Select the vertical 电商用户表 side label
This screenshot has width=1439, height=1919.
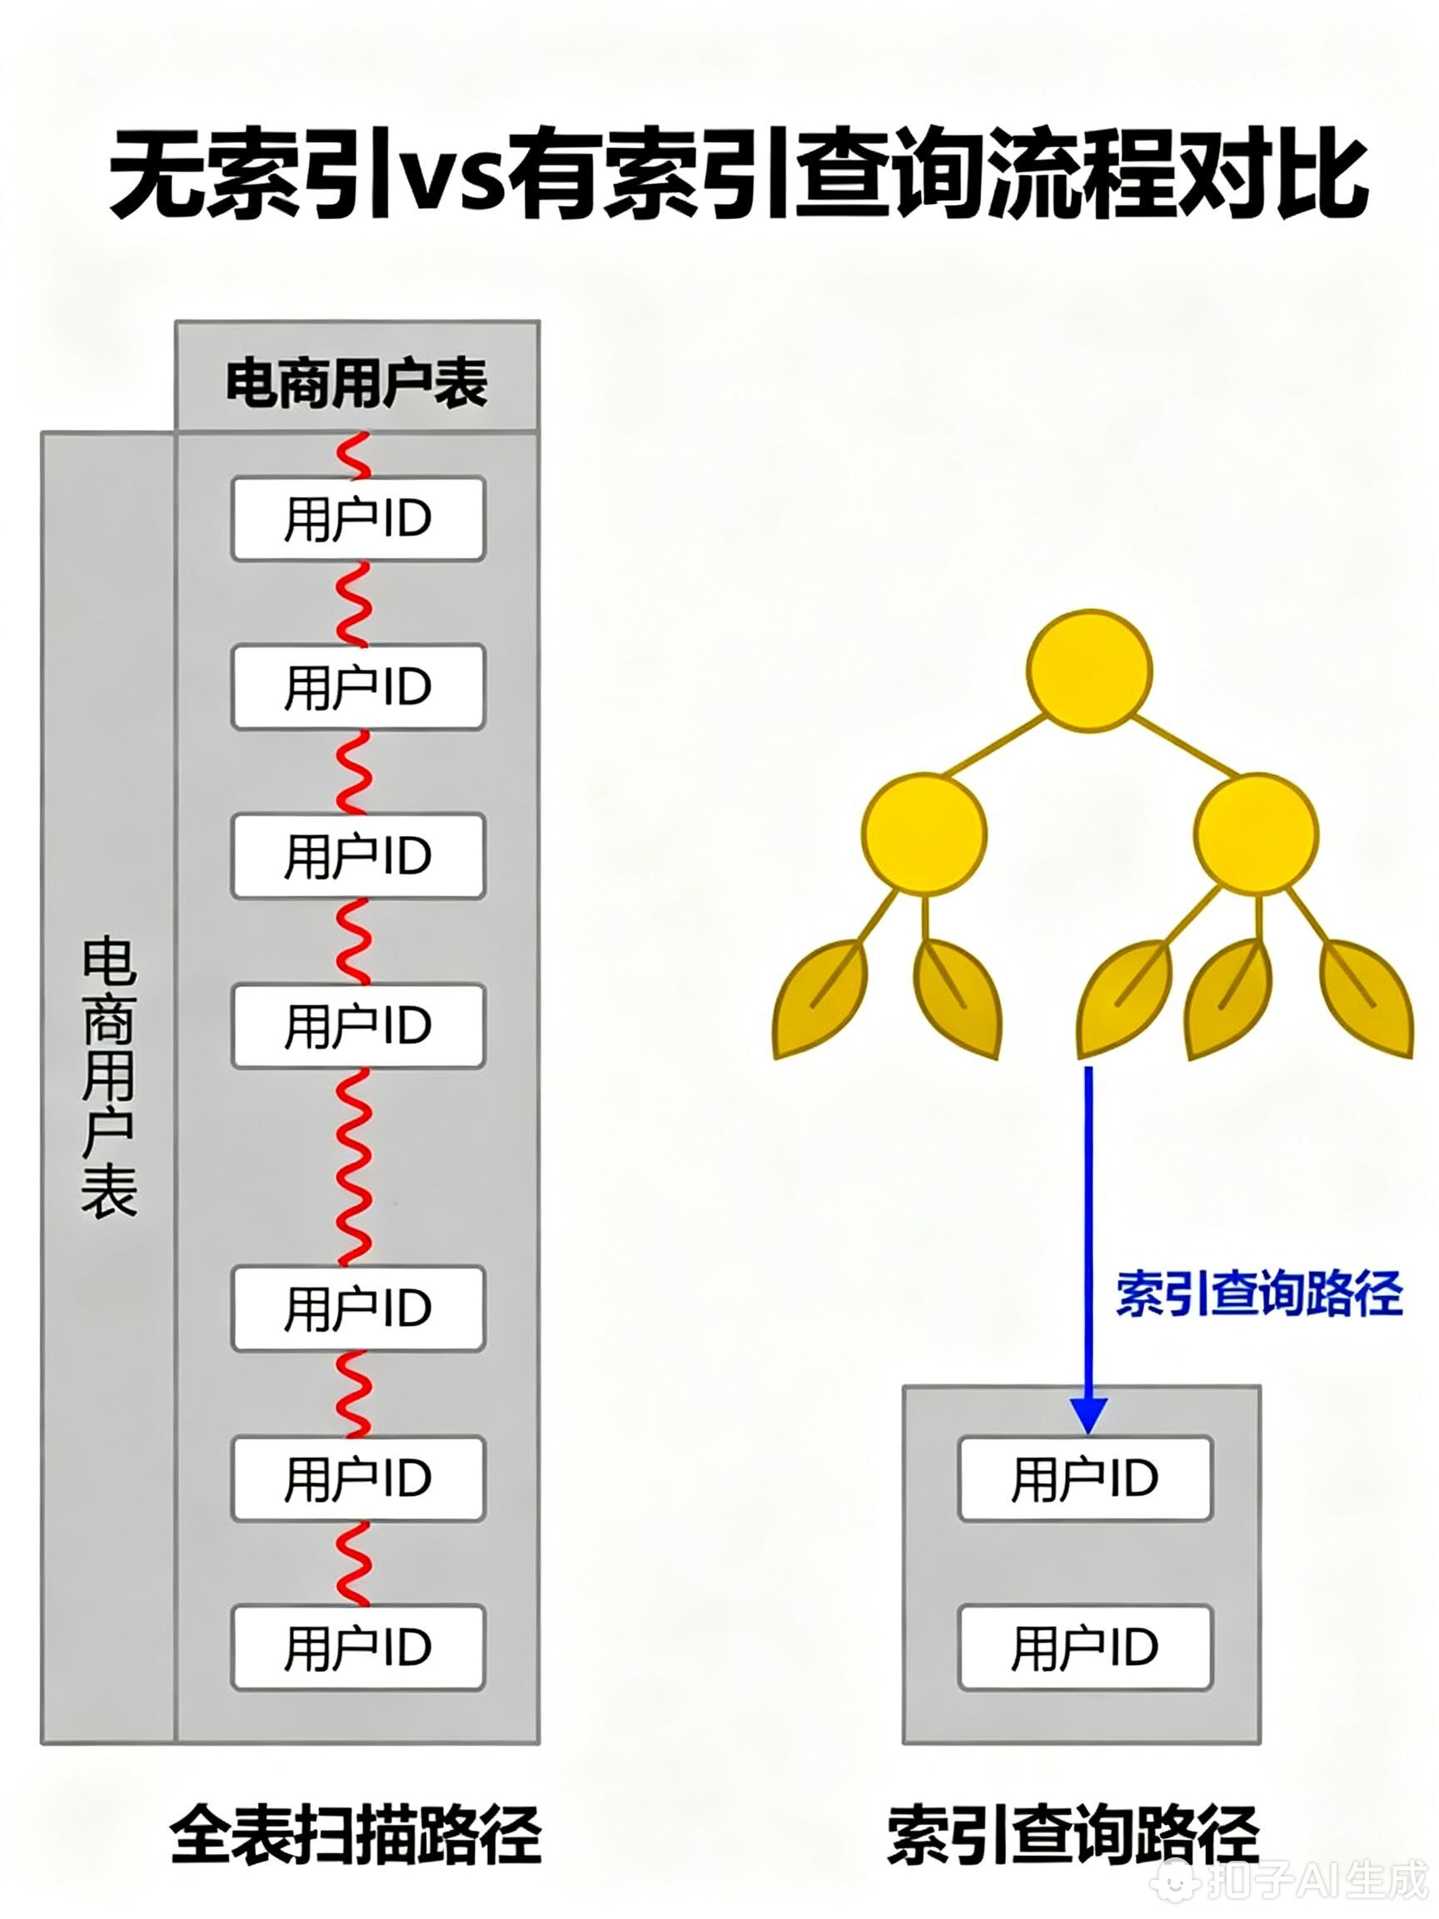pos(109,1076)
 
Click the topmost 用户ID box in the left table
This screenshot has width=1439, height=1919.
pos(357,519)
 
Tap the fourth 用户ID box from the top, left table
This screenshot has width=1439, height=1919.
pos(357,1025)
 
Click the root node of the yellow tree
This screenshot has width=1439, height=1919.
pos(1089,669)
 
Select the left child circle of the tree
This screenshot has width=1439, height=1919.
pos(924,834)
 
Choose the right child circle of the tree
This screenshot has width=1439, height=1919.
pos(1255,834)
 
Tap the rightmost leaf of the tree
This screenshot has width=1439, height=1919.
pos(1367,998)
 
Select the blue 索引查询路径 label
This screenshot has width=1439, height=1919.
pos(1257,1294)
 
